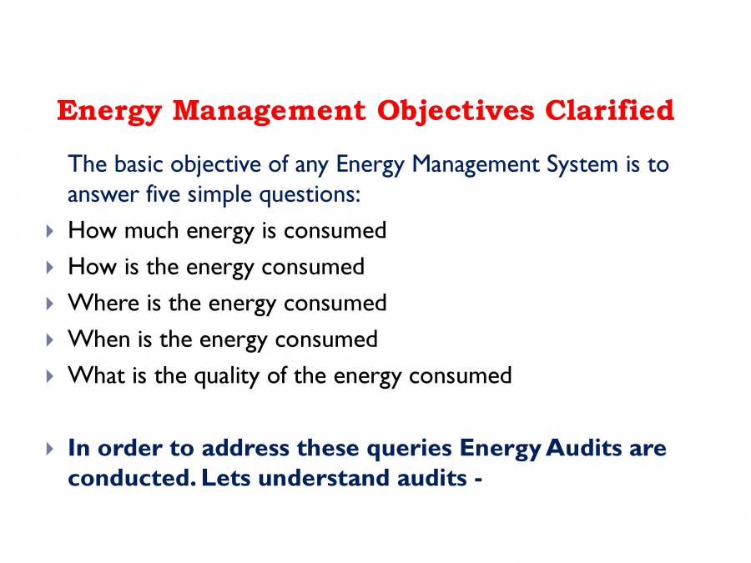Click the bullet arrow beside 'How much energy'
[49, 231]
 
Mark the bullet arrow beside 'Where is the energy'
[49, 304]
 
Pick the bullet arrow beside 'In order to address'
[49, 449]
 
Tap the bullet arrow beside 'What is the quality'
[49, 376]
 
